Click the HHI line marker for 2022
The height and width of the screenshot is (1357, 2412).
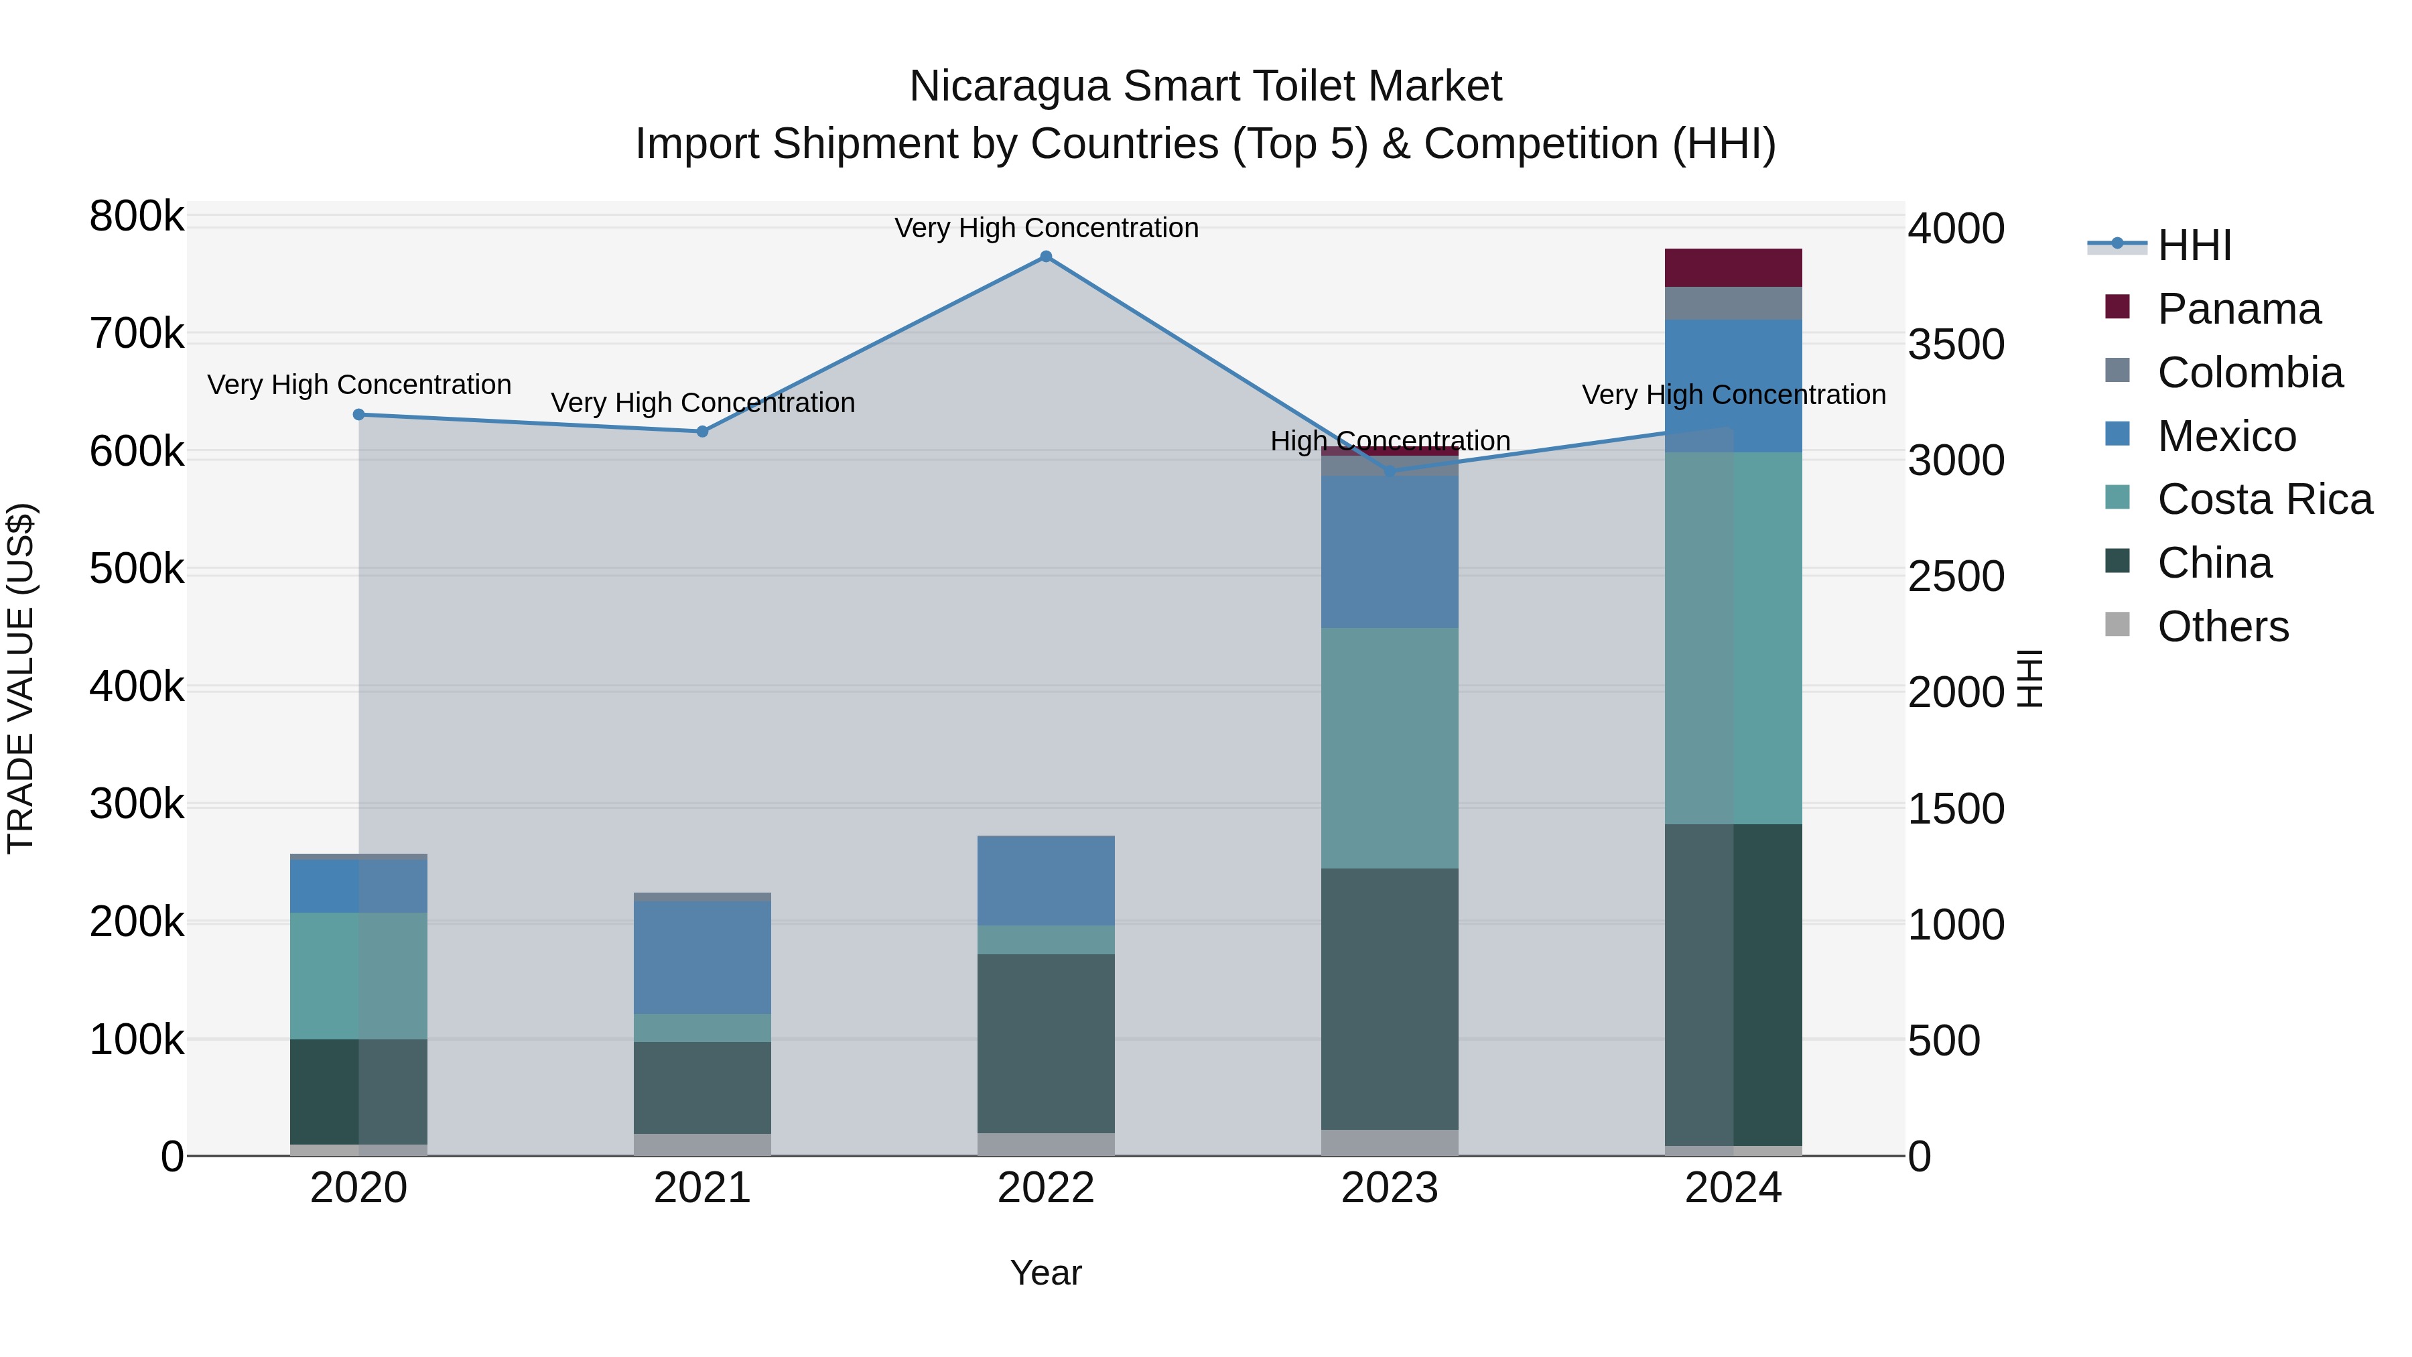[1046, 257]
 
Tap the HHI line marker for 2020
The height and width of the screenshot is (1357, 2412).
[358, 414]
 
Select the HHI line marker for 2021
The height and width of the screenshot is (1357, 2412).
[702, 431]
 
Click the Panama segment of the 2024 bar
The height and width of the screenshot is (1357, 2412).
[1733, 268]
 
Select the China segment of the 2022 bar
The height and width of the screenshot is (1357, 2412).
[1046, 1043]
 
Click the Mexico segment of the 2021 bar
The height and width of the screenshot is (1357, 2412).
[702, 957]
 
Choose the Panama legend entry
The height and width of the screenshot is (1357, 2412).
[2238, 309]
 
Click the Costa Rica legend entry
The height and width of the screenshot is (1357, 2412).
[2264, 499]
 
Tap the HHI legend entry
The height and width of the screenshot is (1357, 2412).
[2194, 245]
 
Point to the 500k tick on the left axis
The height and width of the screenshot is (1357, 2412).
[137, 568]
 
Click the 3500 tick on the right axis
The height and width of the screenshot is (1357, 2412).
[1956, 344]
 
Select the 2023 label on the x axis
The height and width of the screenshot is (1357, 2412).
[1390, 1188]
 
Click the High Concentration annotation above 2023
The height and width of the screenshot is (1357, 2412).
[1390, 440]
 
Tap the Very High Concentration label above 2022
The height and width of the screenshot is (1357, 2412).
[1046, 228]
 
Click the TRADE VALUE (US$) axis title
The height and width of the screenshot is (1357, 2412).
[21, 678]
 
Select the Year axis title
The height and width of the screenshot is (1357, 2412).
[1046, 1273]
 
